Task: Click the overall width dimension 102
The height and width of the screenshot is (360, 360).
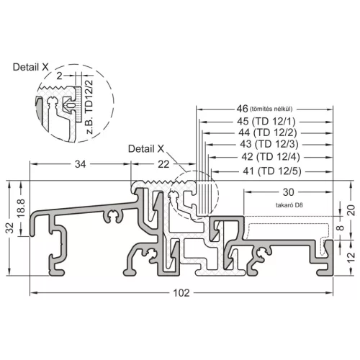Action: [181, 293]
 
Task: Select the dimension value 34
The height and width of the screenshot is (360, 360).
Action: [80, 164]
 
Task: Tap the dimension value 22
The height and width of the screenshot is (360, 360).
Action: [163, 164]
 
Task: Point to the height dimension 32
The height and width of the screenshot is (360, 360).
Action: [10, 228]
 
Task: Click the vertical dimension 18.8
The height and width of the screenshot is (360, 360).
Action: [22, 208]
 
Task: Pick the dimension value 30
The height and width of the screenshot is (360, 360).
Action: [288, 192]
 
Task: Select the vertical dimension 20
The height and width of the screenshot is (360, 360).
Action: [351, 210]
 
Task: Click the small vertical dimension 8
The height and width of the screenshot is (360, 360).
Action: [340, 228]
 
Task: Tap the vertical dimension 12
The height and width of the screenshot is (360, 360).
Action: [351, 257]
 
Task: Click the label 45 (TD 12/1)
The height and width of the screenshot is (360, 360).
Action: [266, 122]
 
